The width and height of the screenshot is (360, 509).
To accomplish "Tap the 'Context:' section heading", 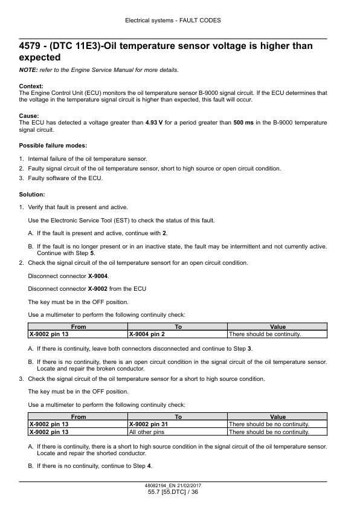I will click(x=31, y=86).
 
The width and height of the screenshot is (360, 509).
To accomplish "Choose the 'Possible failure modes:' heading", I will click(x=53, y=146).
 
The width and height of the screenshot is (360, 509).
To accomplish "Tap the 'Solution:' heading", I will click(x=32, y=194).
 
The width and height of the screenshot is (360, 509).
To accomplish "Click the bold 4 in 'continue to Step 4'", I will click(x=149, y=467).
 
